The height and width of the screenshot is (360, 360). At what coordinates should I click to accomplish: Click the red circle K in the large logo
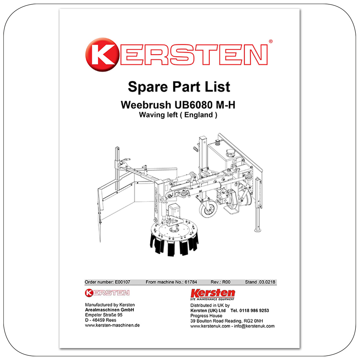(x=102, y=55)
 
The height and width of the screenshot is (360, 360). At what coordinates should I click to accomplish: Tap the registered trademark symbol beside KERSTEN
(x=271, y=41)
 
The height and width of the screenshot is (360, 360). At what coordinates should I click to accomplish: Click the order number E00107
(x=122, y=282)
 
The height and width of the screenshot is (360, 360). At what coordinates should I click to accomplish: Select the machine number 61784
(x=191, y=282)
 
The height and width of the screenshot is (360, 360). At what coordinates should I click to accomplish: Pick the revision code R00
(x=226, y=282)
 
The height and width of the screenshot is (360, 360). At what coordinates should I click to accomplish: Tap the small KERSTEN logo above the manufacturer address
(x=107, y=293)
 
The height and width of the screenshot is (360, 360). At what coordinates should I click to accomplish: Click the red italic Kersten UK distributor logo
(x=213, y=294)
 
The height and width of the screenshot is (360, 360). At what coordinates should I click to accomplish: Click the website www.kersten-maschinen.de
(x=112, y=325)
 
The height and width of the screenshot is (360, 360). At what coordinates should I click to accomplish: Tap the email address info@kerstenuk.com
(x=254, y=326)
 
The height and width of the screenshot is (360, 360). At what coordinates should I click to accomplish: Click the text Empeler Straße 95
(x=104, y=315)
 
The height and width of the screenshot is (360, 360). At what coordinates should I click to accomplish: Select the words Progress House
(x=206, y=316)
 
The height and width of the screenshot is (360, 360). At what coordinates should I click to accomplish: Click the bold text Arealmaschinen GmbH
(x=109, y=310)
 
